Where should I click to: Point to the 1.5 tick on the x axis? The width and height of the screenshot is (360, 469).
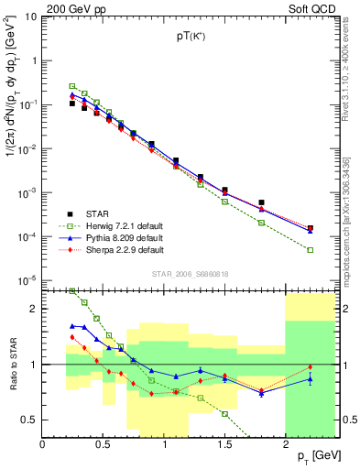click(224, 442)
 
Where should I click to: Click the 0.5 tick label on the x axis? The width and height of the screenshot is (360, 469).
click(103, 442)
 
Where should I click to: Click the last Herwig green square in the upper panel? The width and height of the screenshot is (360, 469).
click(310, 249)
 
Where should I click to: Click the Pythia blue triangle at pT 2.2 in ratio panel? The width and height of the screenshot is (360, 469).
click(310, 378)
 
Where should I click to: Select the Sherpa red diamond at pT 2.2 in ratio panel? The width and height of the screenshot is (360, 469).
click(310, 367)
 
